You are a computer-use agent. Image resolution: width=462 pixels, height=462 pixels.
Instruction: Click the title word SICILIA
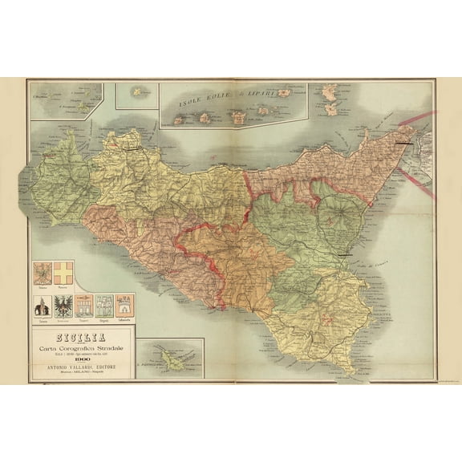tap(83, 327)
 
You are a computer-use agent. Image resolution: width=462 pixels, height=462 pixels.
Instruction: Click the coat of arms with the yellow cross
tap(63, 272)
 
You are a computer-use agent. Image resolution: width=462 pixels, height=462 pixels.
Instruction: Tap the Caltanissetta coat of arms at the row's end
tap(124, 306)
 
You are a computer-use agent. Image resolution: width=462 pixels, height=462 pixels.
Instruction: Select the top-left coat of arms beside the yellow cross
tap(43, 272)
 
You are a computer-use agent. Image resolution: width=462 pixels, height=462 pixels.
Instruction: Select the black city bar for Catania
tap(347, 253)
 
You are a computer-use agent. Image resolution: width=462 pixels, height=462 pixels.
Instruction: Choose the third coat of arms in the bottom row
tap(83, 306)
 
